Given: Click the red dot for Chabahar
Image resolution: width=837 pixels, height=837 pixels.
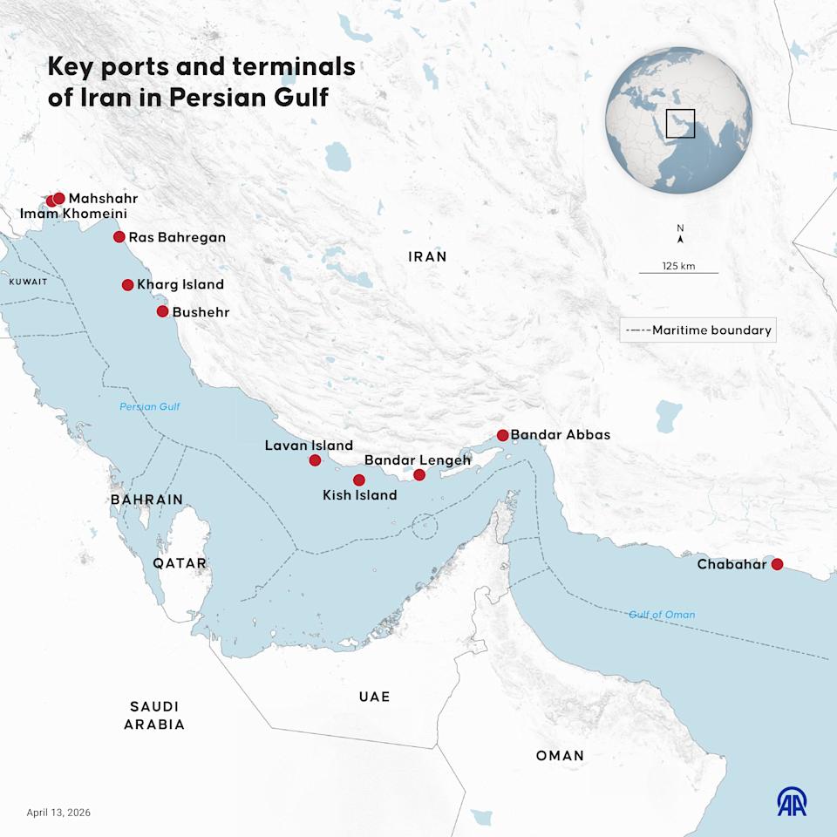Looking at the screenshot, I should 777,564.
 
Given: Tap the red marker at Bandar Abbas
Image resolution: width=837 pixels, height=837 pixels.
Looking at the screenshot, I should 502,435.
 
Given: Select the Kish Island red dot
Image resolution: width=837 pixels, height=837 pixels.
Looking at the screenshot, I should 358,480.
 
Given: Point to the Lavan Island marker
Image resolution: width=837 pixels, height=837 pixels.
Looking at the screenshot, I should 315,460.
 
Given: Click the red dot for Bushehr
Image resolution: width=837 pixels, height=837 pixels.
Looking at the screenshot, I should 162,311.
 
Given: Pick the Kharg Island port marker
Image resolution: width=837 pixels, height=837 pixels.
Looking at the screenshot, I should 127,284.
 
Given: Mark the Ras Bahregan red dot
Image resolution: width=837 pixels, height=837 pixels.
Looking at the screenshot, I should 119,237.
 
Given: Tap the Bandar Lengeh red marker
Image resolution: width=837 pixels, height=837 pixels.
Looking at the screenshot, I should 419,474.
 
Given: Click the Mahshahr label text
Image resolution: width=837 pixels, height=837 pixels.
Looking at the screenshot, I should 103,199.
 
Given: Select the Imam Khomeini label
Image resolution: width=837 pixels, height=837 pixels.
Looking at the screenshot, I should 73,214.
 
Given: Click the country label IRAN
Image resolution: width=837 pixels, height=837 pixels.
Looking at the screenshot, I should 427,256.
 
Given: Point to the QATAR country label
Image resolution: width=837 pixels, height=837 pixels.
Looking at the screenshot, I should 180,563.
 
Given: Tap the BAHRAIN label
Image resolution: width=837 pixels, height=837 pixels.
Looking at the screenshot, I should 146,500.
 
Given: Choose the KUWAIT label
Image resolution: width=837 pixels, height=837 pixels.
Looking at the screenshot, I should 28,282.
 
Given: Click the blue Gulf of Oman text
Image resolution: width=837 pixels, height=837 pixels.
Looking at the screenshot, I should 662,615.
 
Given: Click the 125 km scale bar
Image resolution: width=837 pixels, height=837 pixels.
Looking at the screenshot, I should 678,272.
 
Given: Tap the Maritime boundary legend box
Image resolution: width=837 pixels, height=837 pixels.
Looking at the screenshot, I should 698,330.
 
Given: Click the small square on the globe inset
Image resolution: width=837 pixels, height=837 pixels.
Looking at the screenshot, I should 680,124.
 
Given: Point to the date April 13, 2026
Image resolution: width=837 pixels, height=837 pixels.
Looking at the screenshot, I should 58,813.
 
